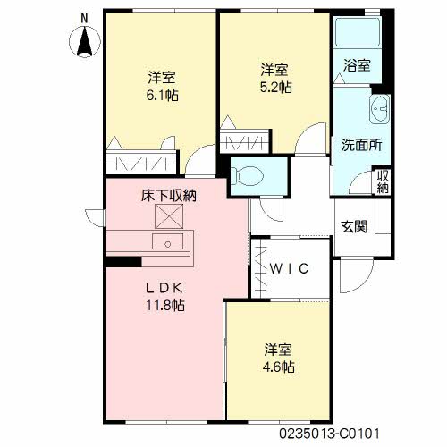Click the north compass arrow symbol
click(x=85, y=41)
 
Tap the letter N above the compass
click(x=84, y=17)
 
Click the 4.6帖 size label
click(x=279, y=366)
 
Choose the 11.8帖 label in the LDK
click(x=165, y=305)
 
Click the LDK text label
click(x=165, y=288)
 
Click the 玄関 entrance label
click(x=354, y=226)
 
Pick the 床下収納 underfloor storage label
click(x=168, y=194)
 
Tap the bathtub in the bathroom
click(x=357, y=33)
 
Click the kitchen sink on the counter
click(x=166, y=241)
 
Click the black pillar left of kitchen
click(x=122, y=260)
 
